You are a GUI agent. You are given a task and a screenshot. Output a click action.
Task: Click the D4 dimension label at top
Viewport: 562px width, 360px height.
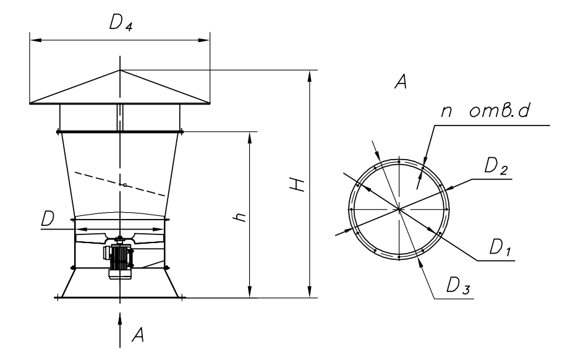tap(121, 24)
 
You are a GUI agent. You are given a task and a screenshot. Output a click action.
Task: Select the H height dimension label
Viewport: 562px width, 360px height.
tap(299, 184)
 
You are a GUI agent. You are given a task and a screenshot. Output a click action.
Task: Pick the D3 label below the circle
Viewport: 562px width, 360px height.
tap(459, 286)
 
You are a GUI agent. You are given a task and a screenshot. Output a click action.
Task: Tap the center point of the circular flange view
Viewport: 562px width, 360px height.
tap(400, 210)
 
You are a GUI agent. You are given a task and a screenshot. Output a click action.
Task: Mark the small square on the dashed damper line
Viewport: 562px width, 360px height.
tap(125, 184)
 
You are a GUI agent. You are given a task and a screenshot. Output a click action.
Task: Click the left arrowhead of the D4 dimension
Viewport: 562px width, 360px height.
tap(35, 40)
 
